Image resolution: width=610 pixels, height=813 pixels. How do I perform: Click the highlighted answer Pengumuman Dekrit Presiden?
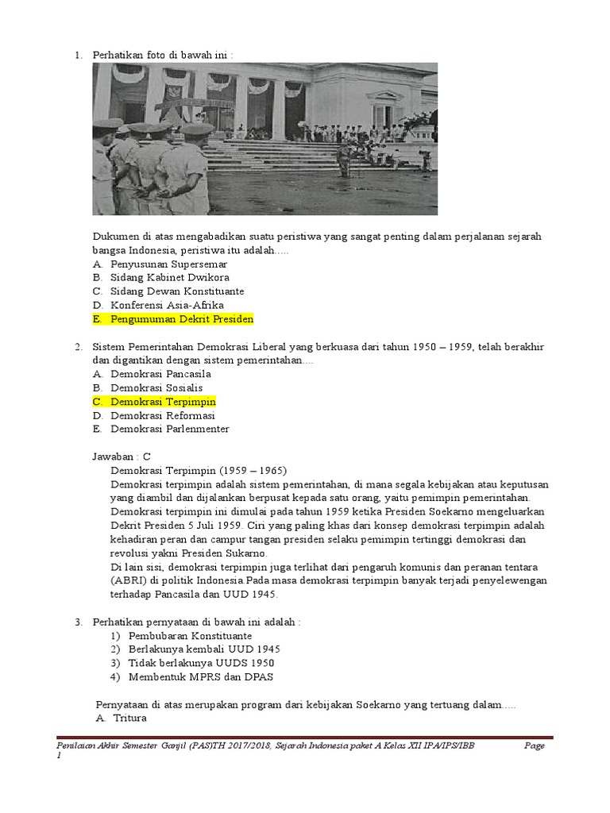click(x=181, y=319)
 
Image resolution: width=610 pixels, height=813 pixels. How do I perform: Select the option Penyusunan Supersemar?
click(x=168, y=264)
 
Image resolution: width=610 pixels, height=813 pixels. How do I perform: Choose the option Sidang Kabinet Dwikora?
click(x=170, y=277)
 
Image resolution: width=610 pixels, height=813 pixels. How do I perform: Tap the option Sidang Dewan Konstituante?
click(x=177, y=291)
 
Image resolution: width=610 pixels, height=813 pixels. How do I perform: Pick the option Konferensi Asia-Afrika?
click(x=167, y=305)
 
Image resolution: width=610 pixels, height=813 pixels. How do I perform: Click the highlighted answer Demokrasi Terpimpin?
click(x=163, y=402)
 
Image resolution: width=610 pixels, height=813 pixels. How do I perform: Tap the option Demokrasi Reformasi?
click(x=163, y=415)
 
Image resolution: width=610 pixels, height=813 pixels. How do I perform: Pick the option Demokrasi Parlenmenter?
click(x=170, y=429)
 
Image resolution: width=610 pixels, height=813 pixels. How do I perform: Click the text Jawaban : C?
click(x=122, y=457)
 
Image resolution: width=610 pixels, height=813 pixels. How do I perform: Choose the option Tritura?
click(x=129, y=719)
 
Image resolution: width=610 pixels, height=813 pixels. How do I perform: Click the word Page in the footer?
click(x=534, y=746)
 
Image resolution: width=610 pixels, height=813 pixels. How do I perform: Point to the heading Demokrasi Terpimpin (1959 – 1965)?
click(x=199, y=470)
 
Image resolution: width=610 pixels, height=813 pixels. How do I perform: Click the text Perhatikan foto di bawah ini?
click(x=164, y=55)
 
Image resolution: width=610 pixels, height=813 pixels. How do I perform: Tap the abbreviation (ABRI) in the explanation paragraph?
click(x=127, y=580)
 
